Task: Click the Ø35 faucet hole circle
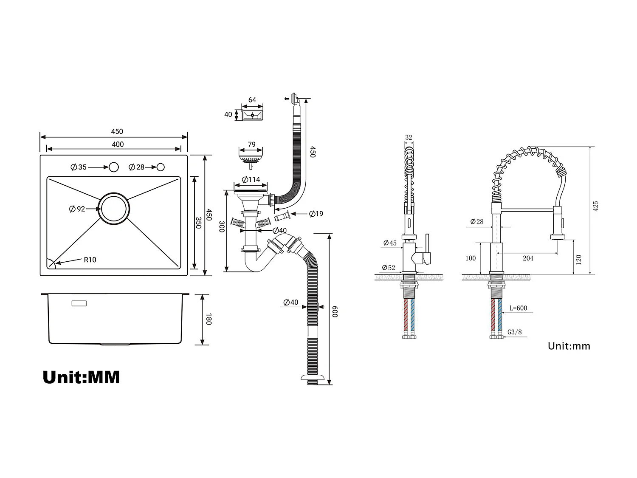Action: [113, 167]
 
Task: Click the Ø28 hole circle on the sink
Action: [161, 167]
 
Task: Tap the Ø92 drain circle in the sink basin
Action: [114, 208]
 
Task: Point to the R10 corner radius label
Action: [90, 260]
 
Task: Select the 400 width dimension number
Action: [118, 144]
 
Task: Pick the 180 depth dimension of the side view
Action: [208, 319]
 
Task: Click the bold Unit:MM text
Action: [81, 377]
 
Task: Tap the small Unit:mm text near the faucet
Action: [569, 346]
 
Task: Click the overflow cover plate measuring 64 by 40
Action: [252, 114]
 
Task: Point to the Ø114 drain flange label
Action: [251, 179]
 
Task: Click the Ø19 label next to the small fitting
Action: [316, 214]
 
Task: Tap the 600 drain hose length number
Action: [335, 311]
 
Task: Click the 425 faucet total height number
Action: [595, 206]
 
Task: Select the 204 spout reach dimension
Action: [528, 258]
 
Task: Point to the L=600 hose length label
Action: [518, 308]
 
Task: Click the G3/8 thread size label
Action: [515, 332]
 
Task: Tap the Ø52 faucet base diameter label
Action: [388, 268]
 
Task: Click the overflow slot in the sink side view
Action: [79, 303]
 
